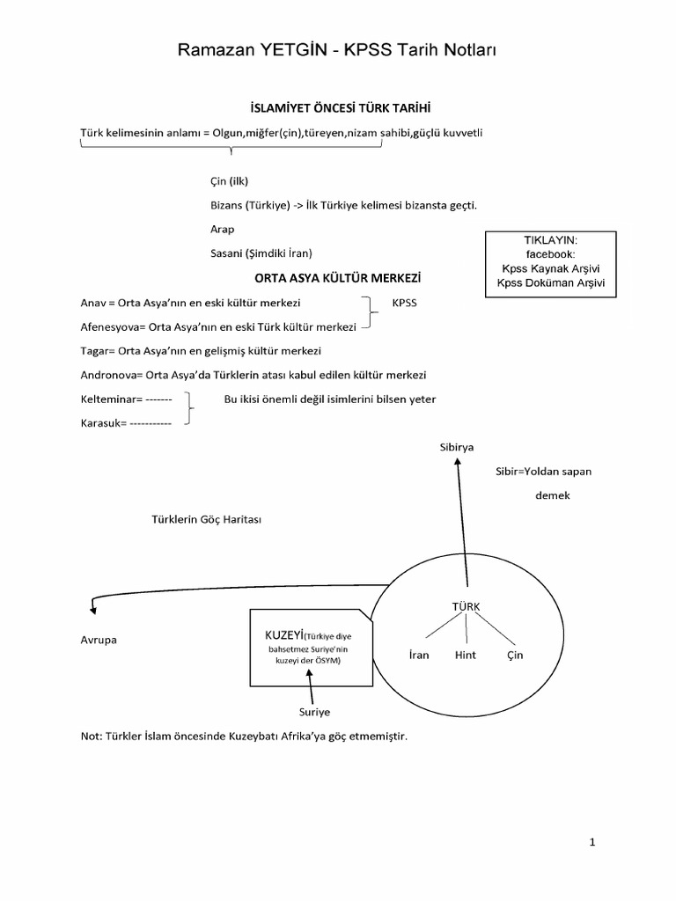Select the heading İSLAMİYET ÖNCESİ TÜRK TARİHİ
pyautogui.click(x=338, y=108)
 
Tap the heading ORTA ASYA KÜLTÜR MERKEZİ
pyautogui.click(x=338, y=277)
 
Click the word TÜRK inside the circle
pyautogui.click(x=467, y=606)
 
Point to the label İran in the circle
pyautogui.click(x=419, y=656)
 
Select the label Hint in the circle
pyautogui.click(x=465, y=656)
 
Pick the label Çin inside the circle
pyautogui.click(x=515, y=656)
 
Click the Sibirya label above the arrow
pyautogui.click(x=457, y=447)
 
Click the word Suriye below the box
pyautogui.click(x=315, y=711)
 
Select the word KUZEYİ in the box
pyautogui.click(x=284, y=634)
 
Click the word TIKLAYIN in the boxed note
pyautogui.click(x=550, y=239)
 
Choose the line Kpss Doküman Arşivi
pyautogui.click(x=550, y=282)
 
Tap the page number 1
pyautogui.click(x=592, y=842)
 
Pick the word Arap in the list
pyautogui.click(x=223, y=228)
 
